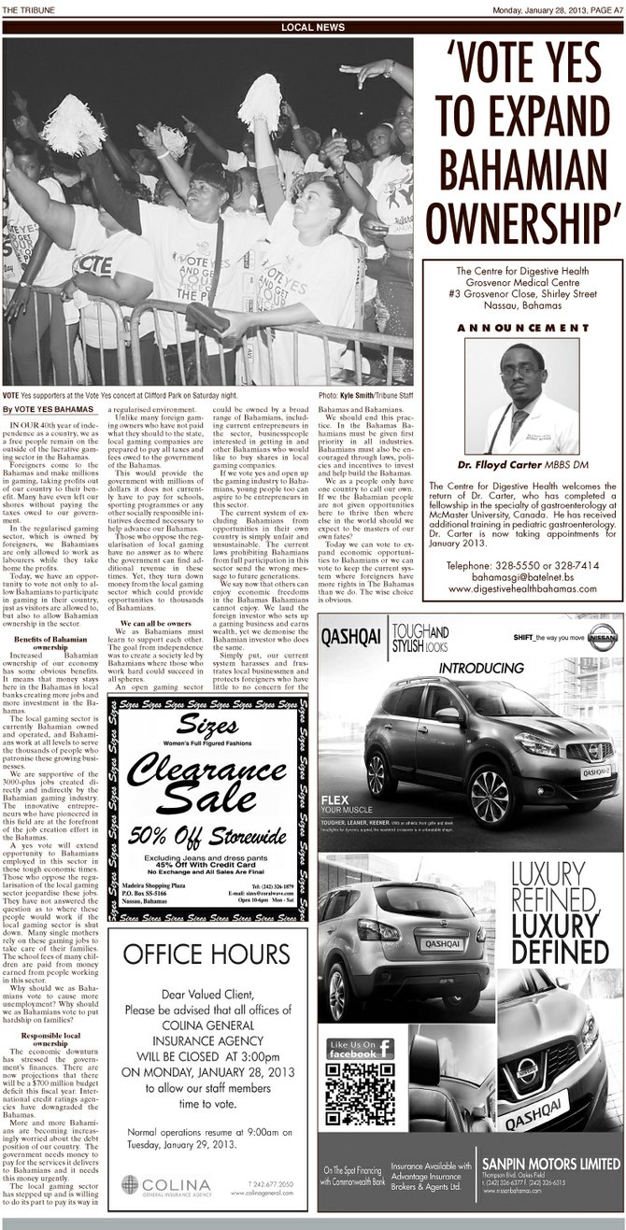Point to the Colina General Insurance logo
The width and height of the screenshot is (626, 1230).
[x=168, y=1186]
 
